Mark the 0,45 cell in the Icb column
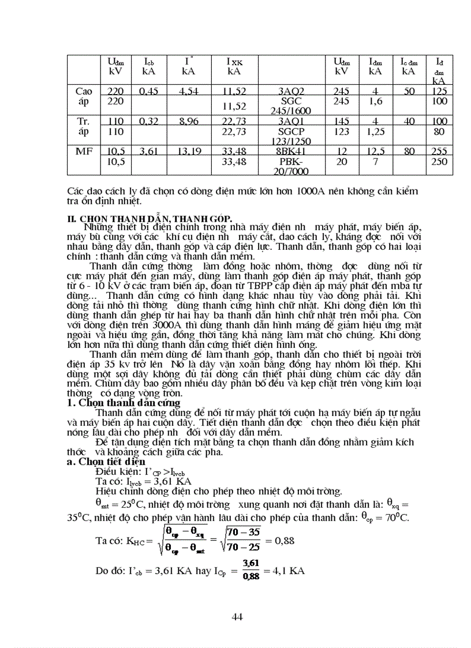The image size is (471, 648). tap(149, 91)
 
